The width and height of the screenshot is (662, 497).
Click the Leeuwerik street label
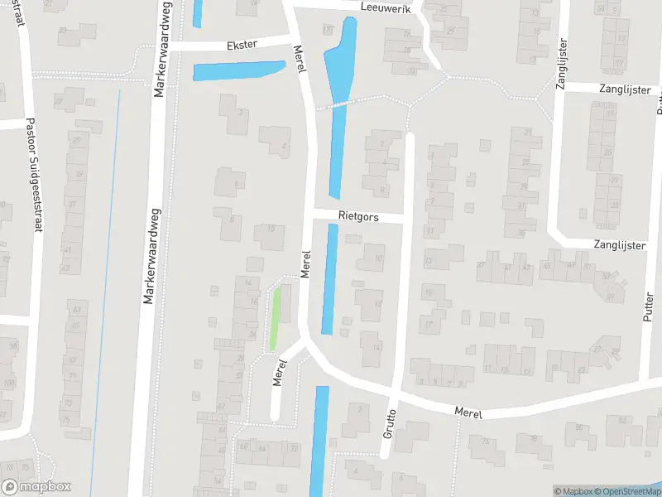386,7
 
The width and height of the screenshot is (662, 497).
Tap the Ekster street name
242,45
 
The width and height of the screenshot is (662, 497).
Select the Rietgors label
357,215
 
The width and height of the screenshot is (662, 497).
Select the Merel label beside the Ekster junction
301,59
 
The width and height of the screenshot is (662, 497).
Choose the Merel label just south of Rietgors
305,264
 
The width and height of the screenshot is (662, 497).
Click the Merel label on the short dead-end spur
280,373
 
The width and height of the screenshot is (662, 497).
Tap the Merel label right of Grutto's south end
468,412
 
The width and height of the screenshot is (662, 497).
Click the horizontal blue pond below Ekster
238,71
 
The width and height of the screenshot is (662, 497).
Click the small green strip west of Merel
276,319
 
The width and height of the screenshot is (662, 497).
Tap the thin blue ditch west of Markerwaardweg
105,290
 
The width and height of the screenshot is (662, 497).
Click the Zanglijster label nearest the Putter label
616,244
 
